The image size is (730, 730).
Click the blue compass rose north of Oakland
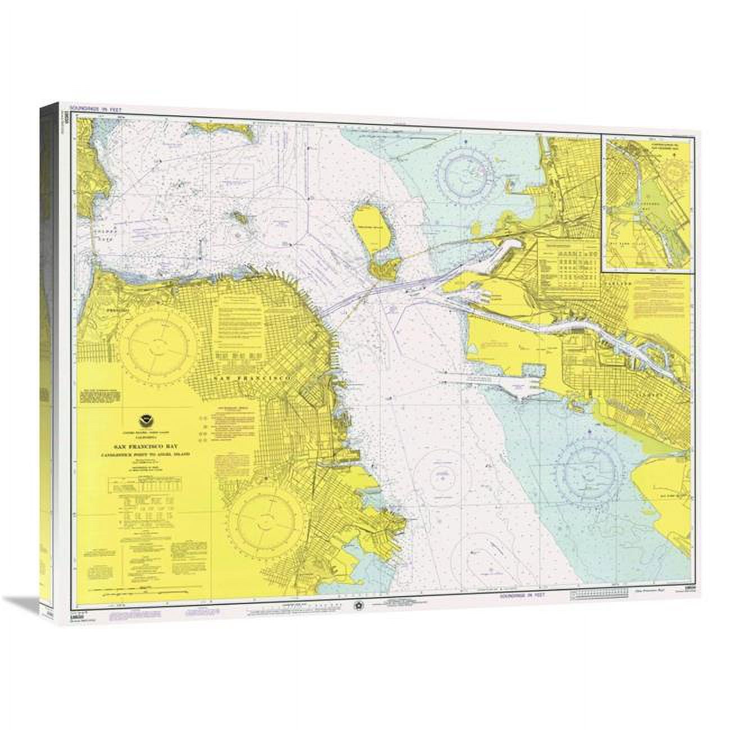point(466,169)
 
